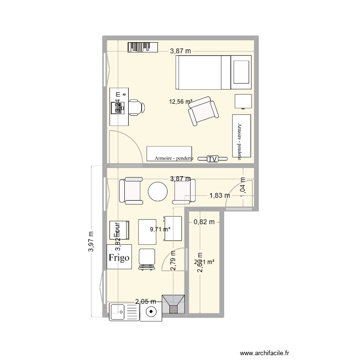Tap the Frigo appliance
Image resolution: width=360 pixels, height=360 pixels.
[119, 257]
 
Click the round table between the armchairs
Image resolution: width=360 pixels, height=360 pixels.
[158, 192]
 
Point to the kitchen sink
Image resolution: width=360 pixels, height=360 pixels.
[124, 312]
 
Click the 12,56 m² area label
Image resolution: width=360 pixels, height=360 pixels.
[180, 101]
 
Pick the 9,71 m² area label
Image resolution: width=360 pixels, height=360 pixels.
[160, 229]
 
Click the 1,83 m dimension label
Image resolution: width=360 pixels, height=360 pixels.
[219, 195]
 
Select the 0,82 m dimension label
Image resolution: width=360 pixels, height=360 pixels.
[204, 222]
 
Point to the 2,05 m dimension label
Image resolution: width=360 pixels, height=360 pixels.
[145, 301]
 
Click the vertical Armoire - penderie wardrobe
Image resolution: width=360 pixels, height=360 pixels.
[241, 136]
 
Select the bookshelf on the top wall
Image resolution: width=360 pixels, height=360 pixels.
[143, 47]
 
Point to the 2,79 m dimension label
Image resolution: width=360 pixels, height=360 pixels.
[173, 262]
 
